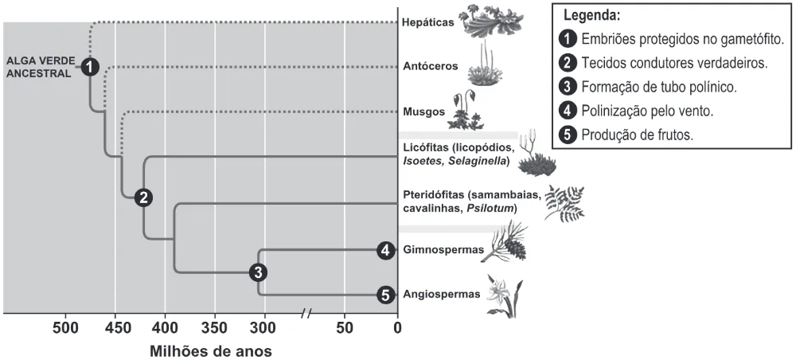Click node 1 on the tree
click(90, 67)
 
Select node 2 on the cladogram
click(143, 198)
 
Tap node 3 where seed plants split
click(259, 272)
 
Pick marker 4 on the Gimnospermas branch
click(386, 250)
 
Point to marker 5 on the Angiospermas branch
click(386, 295)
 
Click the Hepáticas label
click(427, 22)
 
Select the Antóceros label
click(430, 66)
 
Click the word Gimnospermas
click(439, 250)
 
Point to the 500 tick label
click(65, 328)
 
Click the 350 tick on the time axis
click(215, 328)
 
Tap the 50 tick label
click(345, 328)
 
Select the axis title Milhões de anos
click(211, 351)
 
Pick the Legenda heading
click(592, 16)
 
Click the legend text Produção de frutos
click(638, 135)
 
